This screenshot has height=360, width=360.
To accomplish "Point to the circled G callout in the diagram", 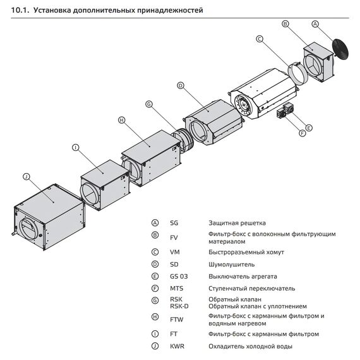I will click(149, 104).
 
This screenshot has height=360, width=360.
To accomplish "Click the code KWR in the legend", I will click(176, 346).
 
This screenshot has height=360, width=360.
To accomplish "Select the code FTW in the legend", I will click(176, 320).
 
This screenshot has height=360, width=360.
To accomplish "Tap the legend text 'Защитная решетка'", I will click(237, 223).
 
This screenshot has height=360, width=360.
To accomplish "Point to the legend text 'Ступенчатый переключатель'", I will click(251, 288).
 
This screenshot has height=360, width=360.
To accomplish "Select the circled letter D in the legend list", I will click(155, 264).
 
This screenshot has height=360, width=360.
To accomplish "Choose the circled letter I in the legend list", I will click(155, 333).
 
